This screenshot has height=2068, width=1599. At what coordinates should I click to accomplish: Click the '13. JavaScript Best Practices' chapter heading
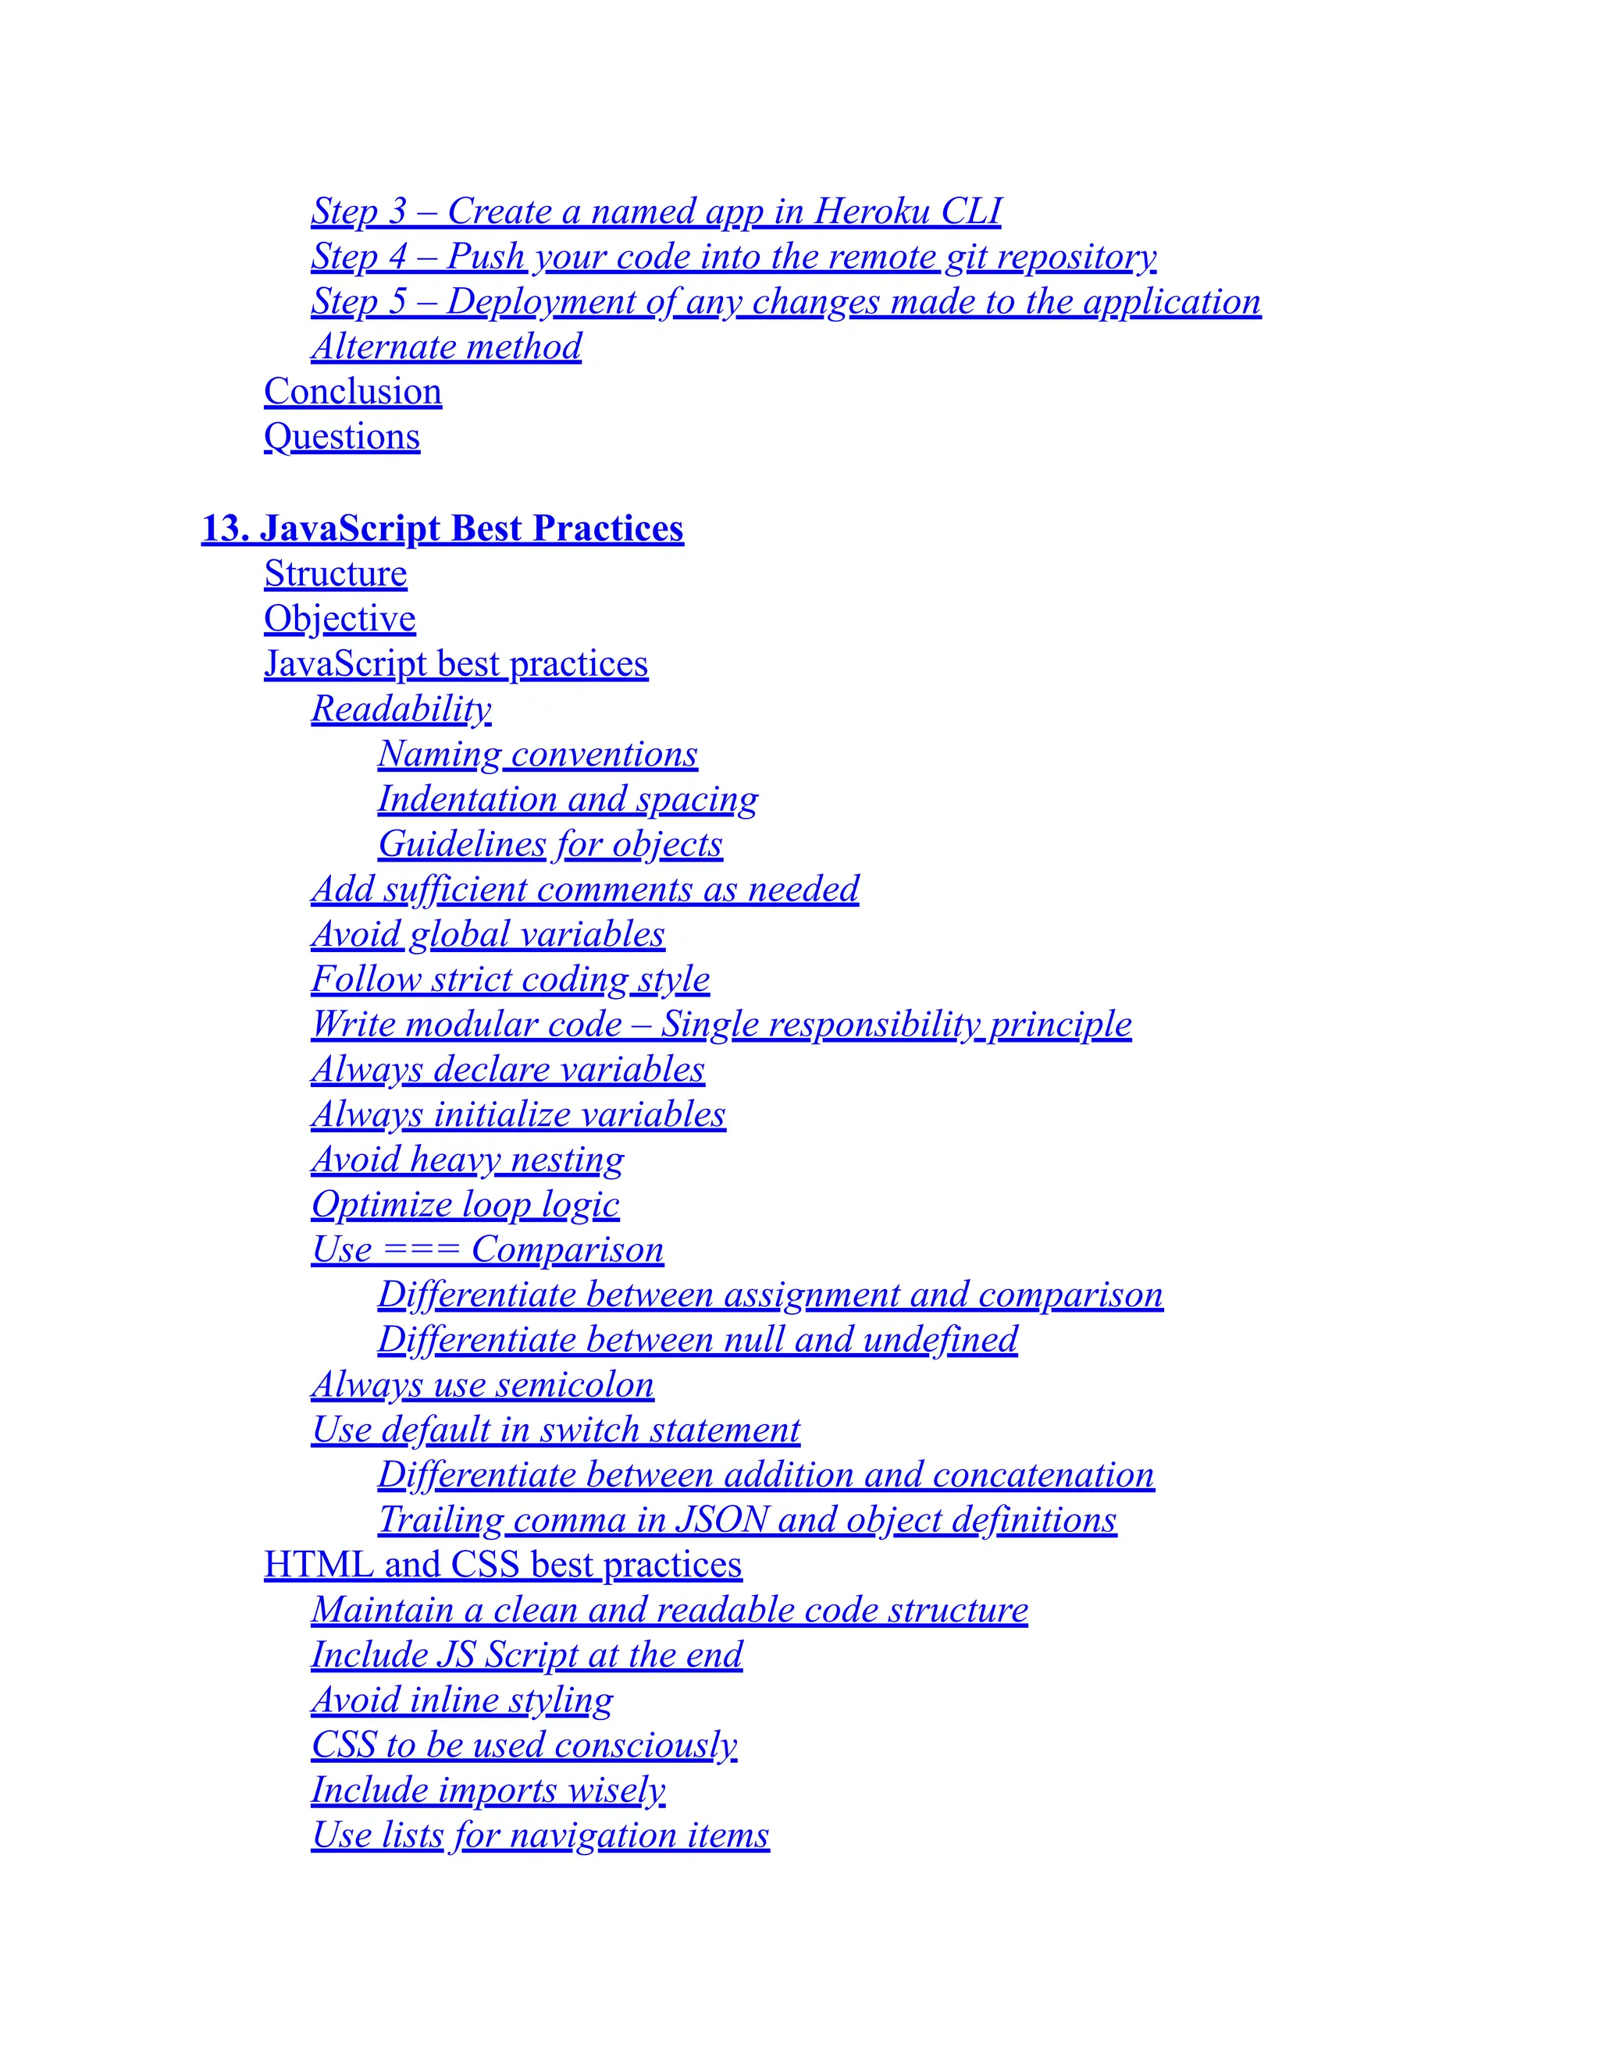coord(443,528)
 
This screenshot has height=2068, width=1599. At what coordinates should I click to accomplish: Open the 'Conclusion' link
coord(352,391)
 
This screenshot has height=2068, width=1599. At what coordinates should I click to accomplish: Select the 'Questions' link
coord(342,436)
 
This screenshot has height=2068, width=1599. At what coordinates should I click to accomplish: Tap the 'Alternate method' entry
coord(446,346)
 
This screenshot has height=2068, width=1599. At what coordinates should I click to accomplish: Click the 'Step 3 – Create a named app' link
coord(656,211)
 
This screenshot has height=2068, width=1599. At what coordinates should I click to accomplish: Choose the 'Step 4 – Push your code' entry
coord(733,256)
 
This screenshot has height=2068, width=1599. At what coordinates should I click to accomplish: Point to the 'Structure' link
coord(335,574)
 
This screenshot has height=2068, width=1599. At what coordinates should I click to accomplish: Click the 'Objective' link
coord(339,618)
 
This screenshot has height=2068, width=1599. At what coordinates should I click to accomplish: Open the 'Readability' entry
coord(401,709)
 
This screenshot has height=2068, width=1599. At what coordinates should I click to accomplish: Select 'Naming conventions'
coord(537,754)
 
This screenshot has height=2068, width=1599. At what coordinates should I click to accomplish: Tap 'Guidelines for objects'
coord(550,844)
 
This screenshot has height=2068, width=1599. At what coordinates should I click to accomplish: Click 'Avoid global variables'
coord(488,933)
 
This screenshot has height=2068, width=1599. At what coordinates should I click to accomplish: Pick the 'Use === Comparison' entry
coord(487,1249)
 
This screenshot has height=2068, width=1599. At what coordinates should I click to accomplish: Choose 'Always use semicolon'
coord(483,1384)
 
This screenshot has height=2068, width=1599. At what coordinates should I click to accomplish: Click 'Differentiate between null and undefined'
coord(697,1339)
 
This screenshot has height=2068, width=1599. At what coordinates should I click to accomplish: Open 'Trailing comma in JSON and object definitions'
coord(746,1519)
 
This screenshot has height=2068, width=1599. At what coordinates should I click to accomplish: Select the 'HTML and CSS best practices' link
coord(502,1564)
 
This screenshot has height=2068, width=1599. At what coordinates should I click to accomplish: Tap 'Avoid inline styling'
coord(461,1700)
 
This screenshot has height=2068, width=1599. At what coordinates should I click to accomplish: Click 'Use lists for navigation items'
coord(540,1835)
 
